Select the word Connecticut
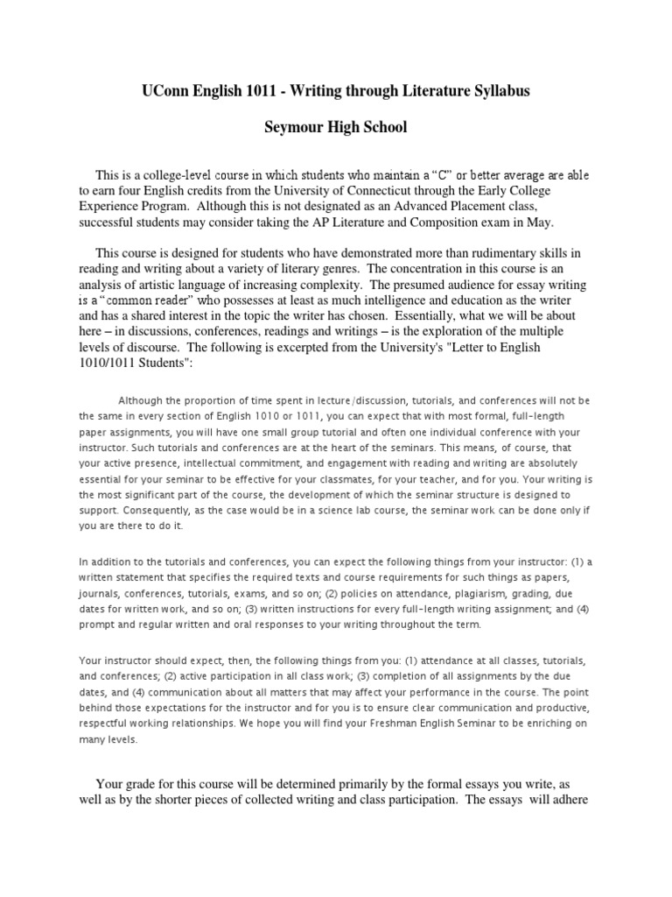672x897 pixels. click(355, 191)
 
